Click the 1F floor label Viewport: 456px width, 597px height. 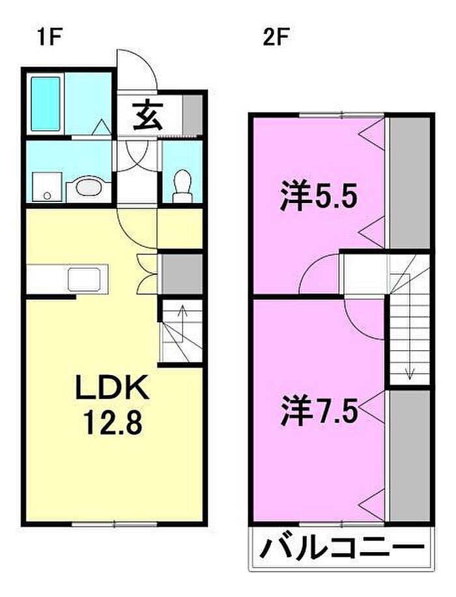pos(50,37)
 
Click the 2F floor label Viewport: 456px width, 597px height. pos(275,37)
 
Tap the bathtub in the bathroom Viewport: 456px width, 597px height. pos(46,103)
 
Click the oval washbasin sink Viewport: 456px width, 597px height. pos(89,187)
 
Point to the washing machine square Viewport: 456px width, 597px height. pos(47,187)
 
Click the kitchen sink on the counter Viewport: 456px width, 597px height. pos(85,279)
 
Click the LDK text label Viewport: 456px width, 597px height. pos(113,387)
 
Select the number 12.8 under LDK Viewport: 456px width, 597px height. pos(113,422)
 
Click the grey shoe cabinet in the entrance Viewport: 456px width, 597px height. pos(192,115)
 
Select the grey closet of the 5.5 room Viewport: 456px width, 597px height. pos(410,183)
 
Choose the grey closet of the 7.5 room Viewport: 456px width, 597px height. pos(410,455)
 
